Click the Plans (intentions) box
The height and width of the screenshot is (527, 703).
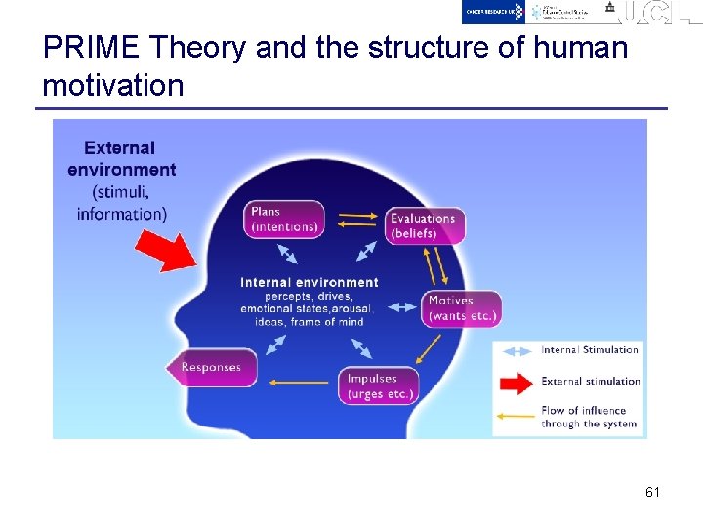pyautogui.click(x=284, y=219)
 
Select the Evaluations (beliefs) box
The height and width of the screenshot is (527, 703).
pyautogui.click(x=424, y=225)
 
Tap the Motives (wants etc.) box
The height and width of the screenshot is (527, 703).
pyautogui.click(x=463, y=308)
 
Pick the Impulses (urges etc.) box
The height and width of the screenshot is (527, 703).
pyautogui.click(x=381, y=385)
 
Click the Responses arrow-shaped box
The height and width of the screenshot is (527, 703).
pyautogui.click(x=211, y=367)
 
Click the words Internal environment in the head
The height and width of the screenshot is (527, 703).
pyautogui.click(x=309, y=283)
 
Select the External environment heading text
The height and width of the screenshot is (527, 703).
pyautogui.click(x=122, y=159)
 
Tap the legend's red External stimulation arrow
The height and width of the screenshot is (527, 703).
pyautogui.click(x=517, y=382)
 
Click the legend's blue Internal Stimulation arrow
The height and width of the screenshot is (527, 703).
pyautogui.click(x=517, y=350)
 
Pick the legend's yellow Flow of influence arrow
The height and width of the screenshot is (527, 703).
pyautogui.click(x=517, y=416)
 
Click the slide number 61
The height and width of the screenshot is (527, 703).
pyautogui.click(x=652, y=493)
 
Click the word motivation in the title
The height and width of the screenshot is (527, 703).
pyautogui.click(x=113, y=86)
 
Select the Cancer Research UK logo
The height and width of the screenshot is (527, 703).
pyautogui.click(x=494, y=12)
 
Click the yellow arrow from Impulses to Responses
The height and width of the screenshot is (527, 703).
pyautogui.click(x=299, y=381)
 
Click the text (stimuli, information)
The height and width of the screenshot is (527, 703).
pyautogui.click(x=122, y=203)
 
